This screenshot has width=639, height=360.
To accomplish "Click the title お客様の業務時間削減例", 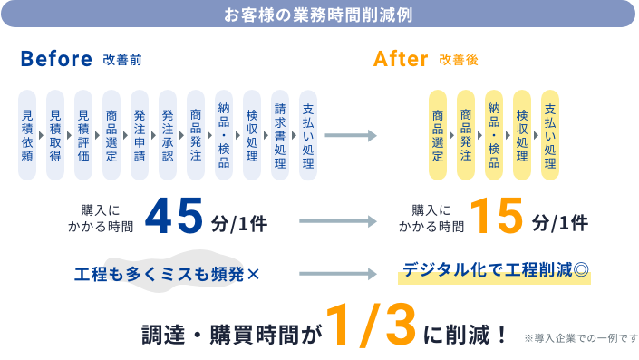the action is coord(319,15).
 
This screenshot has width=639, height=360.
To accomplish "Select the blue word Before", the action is coord(57,60).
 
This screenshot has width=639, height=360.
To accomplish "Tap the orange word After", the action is coord(400,60).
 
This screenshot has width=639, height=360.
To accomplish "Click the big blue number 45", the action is coord(179,218).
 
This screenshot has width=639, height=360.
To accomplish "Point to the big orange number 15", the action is coord(498,218).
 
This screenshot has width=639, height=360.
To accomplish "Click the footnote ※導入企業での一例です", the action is coord(581,338).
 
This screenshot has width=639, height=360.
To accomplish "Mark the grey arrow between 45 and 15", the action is coord(336,220).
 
